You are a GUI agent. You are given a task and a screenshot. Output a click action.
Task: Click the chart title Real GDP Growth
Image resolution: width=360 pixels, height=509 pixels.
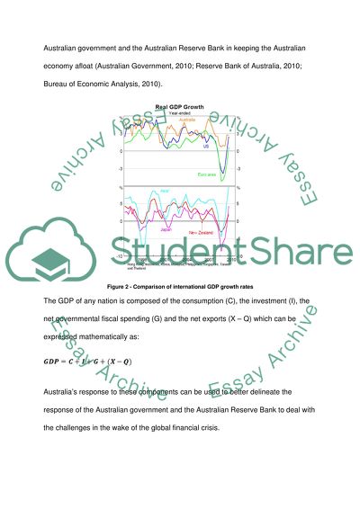coord(180,107)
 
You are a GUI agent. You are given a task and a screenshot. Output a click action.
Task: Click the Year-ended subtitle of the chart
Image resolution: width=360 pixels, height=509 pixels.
coord(181,113)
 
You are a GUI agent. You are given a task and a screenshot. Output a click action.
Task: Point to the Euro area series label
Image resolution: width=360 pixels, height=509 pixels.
coord(208,174)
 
